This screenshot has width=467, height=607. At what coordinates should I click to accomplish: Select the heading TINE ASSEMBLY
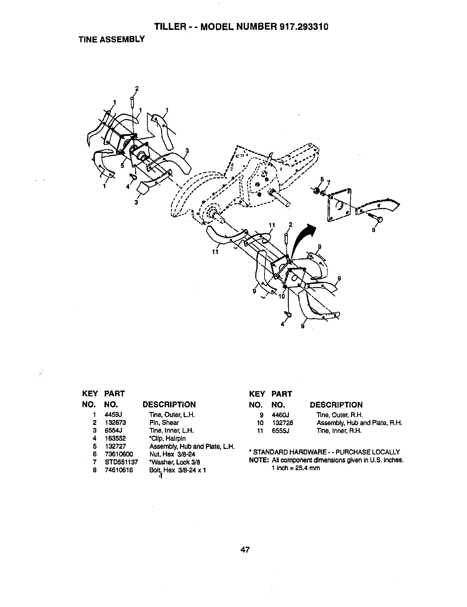point(111,39)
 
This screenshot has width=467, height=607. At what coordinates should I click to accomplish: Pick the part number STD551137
point(121,462)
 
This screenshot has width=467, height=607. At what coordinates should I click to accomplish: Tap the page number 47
point(245,550)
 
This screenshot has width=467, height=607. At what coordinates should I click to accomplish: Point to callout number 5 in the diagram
point(122,166)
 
